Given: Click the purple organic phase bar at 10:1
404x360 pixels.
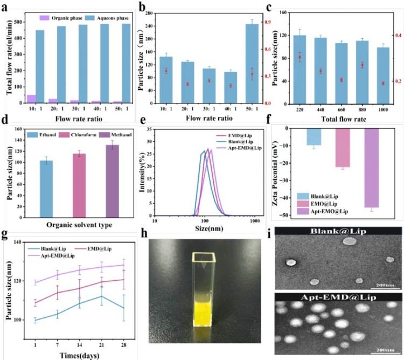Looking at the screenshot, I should click(32, 99).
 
